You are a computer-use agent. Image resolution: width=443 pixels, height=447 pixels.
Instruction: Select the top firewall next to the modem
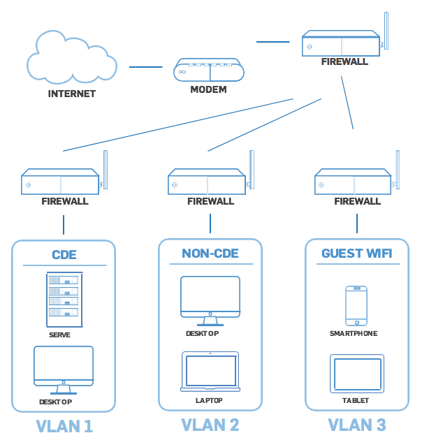(342, 43)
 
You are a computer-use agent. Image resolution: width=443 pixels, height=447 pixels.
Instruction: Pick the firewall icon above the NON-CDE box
(208, 182)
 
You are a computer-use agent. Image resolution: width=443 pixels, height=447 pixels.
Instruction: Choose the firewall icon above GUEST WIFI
(354, 182)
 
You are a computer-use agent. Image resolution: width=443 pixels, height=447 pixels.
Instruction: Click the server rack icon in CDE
(64, 300)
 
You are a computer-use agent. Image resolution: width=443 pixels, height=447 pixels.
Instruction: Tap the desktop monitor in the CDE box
(64, 366)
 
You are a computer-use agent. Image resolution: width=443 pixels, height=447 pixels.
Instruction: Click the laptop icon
(210, 372)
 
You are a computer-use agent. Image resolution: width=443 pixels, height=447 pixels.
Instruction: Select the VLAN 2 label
(210, 425)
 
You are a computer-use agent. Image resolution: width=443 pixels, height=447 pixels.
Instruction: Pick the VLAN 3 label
(357, 425)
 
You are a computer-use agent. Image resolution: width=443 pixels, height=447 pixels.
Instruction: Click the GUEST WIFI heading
(357, 253)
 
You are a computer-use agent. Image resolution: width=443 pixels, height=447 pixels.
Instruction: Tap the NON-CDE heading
(210, 253)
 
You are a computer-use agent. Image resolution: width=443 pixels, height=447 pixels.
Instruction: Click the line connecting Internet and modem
(145, 67)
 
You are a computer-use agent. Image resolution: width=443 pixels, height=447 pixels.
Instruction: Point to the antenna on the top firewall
(386, 31)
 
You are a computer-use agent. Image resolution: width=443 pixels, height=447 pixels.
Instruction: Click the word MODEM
(208, 90)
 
